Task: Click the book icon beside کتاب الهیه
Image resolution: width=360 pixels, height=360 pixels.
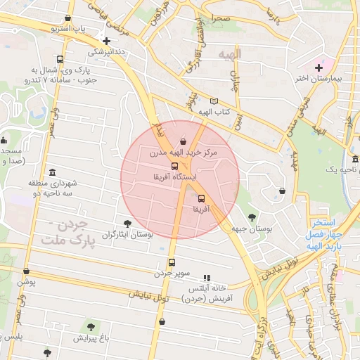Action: pyautogui.click(x=214, y=101)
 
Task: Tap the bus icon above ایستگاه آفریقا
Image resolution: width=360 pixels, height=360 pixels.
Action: pyautogui.click(x=174, y=166)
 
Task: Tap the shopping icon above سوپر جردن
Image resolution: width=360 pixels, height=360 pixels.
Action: pyautogui.click(x=169, y=261)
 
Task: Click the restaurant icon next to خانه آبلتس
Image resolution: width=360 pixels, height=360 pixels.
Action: pyautogui.click(x=206, y=278)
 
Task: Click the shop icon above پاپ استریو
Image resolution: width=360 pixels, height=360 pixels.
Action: pyautogui.click(x=67, y=18)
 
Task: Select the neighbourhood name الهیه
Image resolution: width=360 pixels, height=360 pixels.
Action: pyautogui.click(x=229, y=53)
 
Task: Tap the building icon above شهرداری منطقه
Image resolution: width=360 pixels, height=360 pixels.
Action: pyautogui.click(x=53, y=172)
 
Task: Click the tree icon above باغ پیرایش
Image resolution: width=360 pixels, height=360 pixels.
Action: pyautogui.click(x=91, y=326)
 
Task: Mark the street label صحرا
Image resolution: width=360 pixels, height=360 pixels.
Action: pyautogui.click(x=215, y=17)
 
